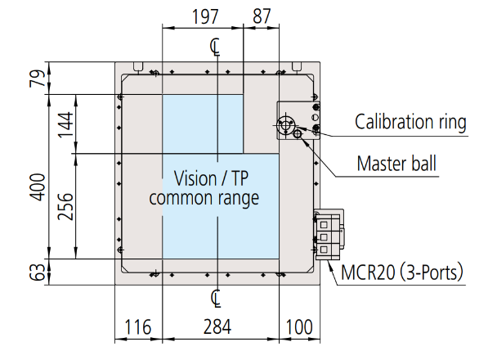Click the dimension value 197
[x=205, y=16]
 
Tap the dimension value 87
[x=262, y=16]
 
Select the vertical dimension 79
[x=38, y=79]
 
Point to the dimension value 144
[x=65, y=124]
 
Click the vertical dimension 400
[x=38, y=187]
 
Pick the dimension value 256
[x=65, y=206]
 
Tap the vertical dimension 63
[x=38, y=272]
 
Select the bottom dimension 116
[x=138, y=326]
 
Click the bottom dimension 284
[x=217, y=326]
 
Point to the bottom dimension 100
[x=299, y=326]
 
